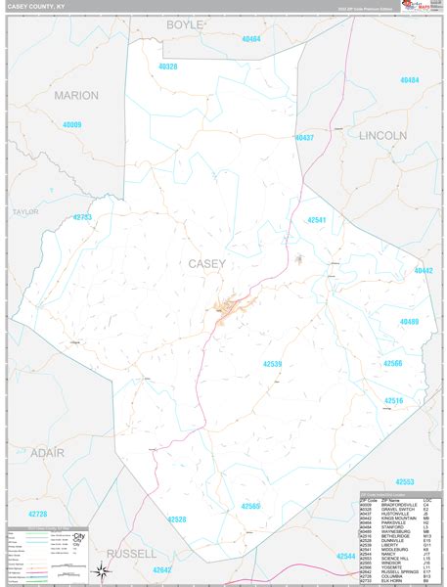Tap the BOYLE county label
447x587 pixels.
pyautogui.click(x=185, y=24)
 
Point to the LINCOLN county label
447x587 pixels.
pyautogui.click(x=382, y=134)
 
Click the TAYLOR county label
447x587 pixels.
pyautogui.click(x=24, y=211)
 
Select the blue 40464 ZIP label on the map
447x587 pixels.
pyautogui.click(x=251, y=39)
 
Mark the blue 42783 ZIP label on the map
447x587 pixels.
pyautogui.click(x=82, y=217)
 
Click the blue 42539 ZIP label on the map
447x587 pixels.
pyautogui.click(x=272, y=364)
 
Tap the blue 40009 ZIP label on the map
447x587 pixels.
pyautogui.click(x=71, y=125)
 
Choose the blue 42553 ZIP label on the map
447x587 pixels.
pyautogui.click(x=404, y=481)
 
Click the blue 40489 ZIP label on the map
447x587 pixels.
pyautogui.click(x=409, y=321)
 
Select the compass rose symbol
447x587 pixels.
pyautogui.click(x=101, y=571)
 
